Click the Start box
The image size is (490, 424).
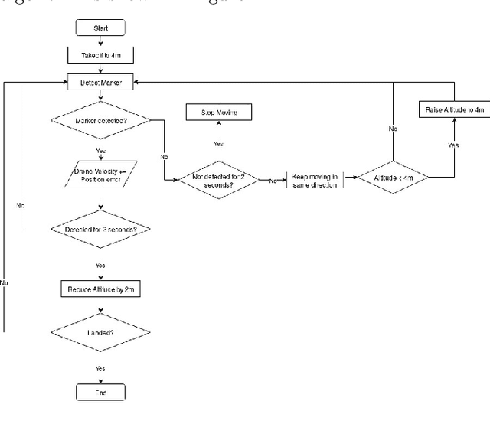coord(100,29)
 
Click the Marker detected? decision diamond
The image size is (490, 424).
coord(100,119)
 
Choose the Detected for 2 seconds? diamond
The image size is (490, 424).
coord(100,229)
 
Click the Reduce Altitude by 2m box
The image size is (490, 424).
coord(100,289)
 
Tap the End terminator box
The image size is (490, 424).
coord(100,393)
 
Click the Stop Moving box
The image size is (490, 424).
coord(219,113)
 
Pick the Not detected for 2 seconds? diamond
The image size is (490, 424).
coord(218,181)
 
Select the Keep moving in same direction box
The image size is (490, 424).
coord(314,181)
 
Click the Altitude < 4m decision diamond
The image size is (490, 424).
coord(393,178)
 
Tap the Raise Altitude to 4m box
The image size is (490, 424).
coord(454,110)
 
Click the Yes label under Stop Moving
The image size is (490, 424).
coord(218,144)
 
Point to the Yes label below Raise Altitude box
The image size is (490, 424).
coord(453,144)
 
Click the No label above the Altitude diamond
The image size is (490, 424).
coord(393,129)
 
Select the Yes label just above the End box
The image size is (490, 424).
coord(100,368)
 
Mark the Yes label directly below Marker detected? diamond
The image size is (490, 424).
coord(100,151)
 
